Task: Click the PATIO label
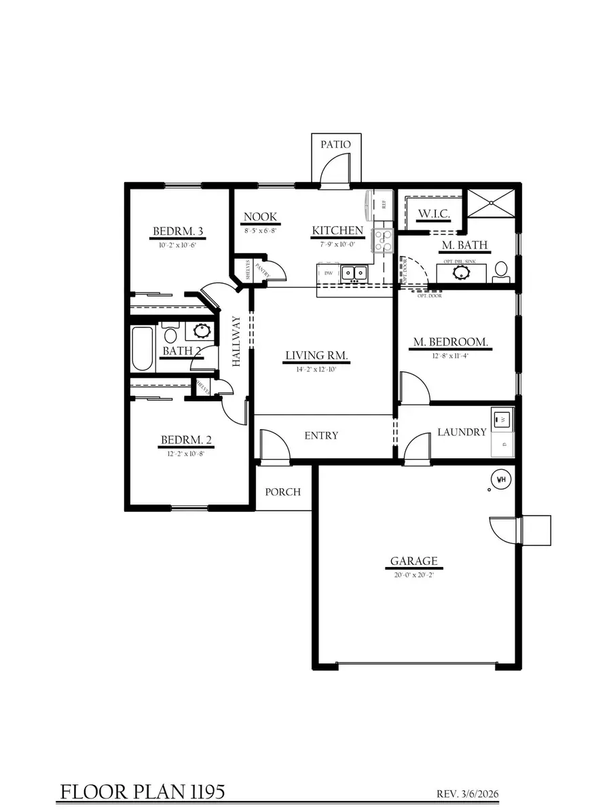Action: coord(336,145)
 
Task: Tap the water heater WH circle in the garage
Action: coord(502,479)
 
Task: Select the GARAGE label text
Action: coord(413,562)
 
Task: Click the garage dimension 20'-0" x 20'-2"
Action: coord(413,574)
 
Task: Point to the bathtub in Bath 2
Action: coord(142,349)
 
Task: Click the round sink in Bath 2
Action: coord(202,331)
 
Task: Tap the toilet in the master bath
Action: coord(502,270)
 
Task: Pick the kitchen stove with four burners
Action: coord(383,240)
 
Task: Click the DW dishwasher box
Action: coord(329,273)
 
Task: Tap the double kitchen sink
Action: coord(354,273)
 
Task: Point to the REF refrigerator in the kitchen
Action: coord(380,204)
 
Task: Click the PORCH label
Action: coord(283,492)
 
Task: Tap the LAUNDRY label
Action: coord(462,432)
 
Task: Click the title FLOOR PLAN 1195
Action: coord(143,792)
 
